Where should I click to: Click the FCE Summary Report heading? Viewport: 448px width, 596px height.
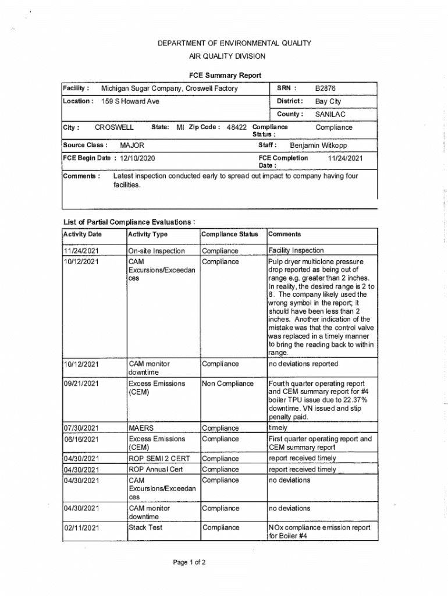pos(225,76)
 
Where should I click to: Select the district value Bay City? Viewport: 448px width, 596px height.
pos(328,101)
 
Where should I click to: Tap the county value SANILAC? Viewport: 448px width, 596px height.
pos(330,114)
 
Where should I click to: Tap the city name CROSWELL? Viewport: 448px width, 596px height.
pos(114,127)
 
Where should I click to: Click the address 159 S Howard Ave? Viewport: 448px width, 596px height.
pos(130,101)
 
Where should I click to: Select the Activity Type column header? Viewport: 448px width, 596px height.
pos(148,235)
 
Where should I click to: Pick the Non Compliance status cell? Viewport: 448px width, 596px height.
pos(227,384)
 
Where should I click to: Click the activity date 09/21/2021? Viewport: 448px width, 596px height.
pos(81,384)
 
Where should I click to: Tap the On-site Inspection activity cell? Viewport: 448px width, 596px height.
pos(157,251)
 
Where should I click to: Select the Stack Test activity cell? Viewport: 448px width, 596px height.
pos(145,528)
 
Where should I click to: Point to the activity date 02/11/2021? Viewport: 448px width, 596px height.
pos(81,528)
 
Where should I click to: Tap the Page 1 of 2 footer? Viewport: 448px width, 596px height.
pos(189,563)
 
